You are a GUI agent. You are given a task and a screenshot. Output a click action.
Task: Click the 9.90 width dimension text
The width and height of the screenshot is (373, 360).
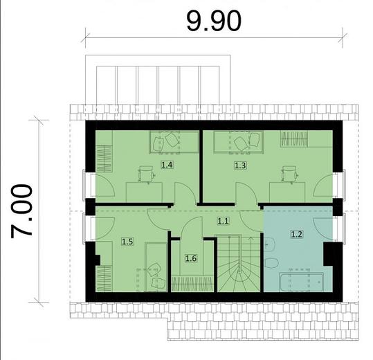pyautogui.click(x=214, y=20)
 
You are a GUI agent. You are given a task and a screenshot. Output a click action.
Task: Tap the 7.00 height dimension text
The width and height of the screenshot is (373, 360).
pyautogui.click(x=22, y=211)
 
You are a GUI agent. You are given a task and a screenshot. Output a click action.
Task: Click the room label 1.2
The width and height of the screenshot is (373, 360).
pyautogui.click(x=297, y=234)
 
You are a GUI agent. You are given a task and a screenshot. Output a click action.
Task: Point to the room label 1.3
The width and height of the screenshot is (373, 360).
pyautogui.click(x=239, y=165)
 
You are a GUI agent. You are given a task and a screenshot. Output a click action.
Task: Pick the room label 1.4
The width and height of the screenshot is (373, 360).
pyautogui.click(x=167, y=165)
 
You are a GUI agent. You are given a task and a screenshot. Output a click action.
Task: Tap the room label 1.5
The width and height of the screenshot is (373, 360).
pyautogui.click(x=127, y=242)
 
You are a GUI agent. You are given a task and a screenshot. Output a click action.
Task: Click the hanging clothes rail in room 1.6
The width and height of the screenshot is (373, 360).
pyautogui.click(x=191, y=282)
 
